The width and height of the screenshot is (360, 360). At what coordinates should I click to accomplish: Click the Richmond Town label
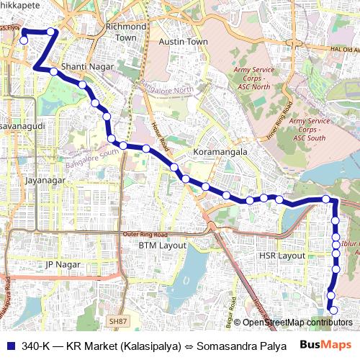[x=126, y=32]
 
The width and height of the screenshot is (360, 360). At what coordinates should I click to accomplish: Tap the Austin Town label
[x=183, y=42]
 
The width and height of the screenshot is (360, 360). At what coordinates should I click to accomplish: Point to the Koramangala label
[x=220, y=153]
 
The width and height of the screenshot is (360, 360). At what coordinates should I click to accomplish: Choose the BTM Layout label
[x=162, y=246]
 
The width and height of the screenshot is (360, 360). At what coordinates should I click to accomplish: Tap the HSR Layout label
[x=282, y=256]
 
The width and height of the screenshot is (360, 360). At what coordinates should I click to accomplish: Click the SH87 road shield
[x=117, y=320]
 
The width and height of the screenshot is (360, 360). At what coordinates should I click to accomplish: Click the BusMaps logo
[x=326, y=346]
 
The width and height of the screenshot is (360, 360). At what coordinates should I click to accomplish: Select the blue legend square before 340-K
[x=10, y=346]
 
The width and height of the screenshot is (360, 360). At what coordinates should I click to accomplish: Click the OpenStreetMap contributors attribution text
[x=297, y=322]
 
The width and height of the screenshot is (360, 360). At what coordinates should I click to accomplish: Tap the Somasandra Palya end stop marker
[x=332, y=310]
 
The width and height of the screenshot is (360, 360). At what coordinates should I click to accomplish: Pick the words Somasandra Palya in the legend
[x=240, y=346]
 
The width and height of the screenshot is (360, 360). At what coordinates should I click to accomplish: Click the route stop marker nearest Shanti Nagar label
[x=54, y=71]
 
